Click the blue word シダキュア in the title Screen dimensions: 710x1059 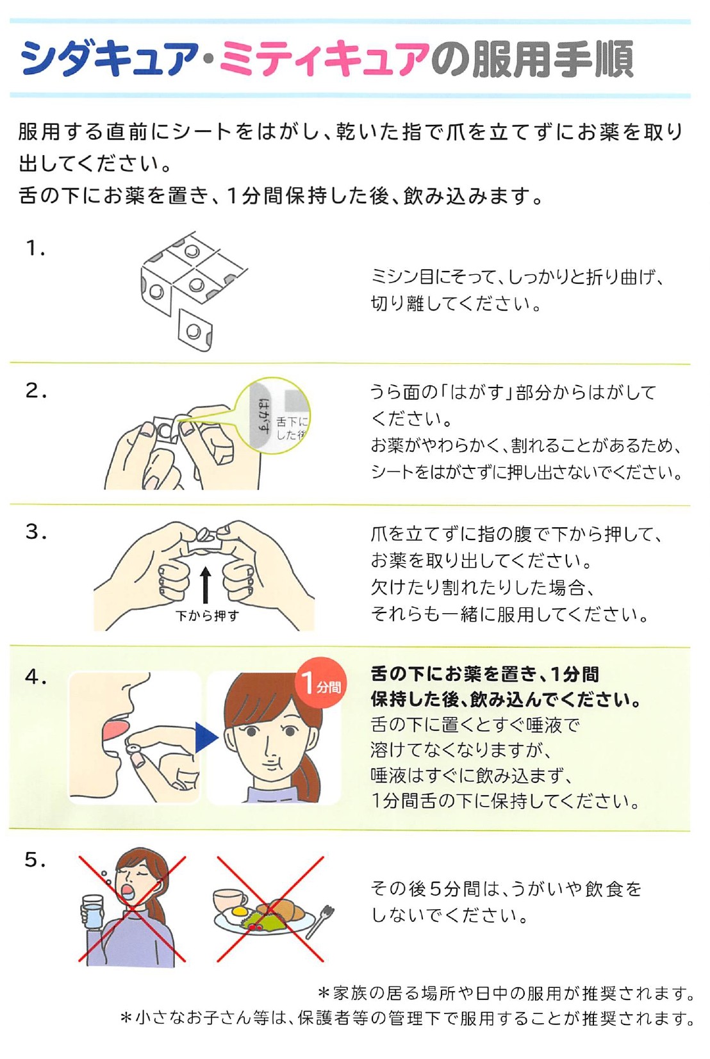point(110,59)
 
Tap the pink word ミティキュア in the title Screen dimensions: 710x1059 point(324,59)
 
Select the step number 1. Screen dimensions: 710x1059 point(35,248)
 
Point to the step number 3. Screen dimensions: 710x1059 point(35,532)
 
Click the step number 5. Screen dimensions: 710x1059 point(35,860)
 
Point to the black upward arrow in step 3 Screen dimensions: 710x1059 point(205,587)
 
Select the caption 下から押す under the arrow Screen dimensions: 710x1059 point(207,616)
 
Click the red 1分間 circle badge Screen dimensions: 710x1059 point(321,683)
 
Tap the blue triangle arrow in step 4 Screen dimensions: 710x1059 point(206,738)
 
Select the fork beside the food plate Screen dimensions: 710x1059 point(320,921)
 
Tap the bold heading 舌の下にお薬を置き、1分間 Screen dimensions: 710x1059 point(485,674)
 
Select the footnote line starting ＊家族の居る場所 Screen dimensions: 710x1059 point(506,993)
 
